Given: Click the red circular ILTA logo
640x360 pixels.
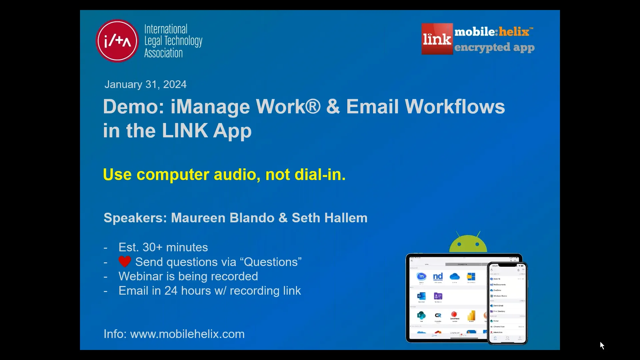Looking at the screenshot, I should coord(117,41).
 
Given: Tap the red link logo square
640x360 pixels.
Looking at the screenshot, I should coord(437,39).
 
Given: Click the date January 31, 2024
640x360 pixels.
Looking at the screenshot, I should coord(145,84).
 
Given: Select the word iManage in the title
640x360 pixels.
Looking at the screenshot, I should coord(210,107).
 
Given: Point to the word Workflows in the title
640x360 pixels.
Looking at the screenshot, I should coord(455,107).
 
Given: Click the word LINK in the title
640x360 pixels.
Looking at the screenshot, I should coord(185,131).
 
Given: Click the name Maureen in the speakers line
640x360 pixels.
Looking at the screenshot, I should coord(198,218).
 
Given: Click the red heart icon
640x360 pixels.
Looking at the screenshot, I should coord(125,262).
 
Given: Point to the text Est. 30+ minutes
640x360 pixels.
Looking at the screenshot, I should coord(163,247).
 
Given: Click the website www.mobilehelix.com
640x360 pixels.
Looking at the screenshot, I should coord(187,334).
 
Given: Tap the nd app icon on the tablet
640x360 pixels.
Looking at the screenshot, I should coord(438,277).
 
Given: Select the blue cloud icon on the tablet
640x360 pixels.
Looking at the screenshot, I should coord(455,277).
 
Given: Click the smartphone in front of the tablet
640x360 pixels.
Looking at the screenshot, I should coord(507,303).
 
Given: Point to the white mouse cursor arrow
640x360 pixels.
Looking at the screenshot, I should coord(602,345).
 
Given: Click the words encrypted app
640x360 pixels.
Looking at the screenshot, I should coord(494,47).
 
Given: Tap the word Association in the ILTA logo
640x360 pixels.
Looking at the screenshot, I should coord(163,53).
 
